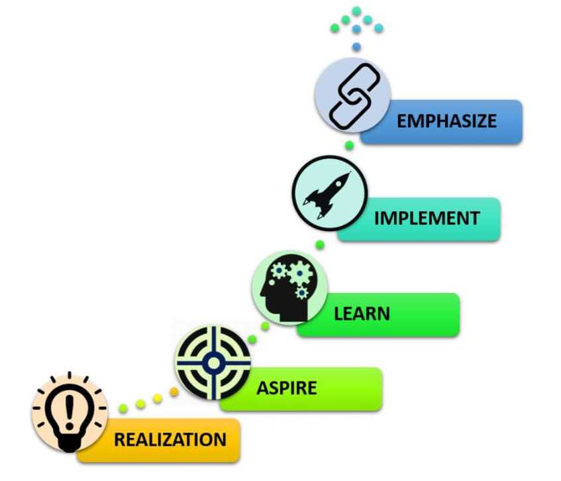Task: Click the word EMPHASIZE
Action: tap(446, 121)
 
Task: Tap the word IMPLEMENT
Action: tap(427, 219)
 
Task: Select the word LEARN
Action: tap(362, 314)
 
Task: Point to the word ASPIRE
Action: tap(287, 388)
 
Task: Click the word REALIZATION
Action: tap(170, 439)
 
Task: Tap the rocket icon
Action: tap(327, 195)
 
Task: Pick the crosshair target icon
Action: tap(213, 363)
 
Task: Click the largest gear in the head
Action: tap(300, 274)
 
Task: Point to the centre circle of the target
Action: tap(213, 363)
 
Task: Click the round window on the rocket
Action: tap(338, 184)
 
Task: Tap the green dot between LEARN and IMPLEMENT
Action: tap(320, 244)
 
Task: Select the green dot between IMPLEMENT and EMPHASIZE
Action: tap(349, 145)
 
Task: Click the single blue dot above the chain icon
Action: tap(356, 46)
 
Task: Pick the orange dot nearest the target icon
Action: tap(174, 392)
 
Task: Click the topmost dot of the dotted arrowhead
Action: tap(356, 11)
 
